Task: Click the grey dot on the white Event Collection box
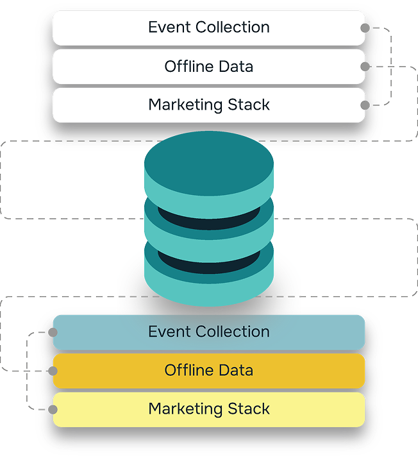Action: point(365,28)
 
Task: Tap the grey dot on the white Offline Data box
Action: point(365,67)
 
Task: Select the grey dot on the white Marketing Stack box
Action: point(365,105)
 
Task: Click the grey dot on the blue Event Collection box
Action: point(53,332)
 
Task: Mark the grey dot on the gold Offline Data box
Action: point(53,371)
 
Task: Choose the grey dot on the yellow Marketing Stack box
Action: point(53,409)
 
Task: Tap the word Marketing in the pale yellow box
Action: point(182,409)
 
